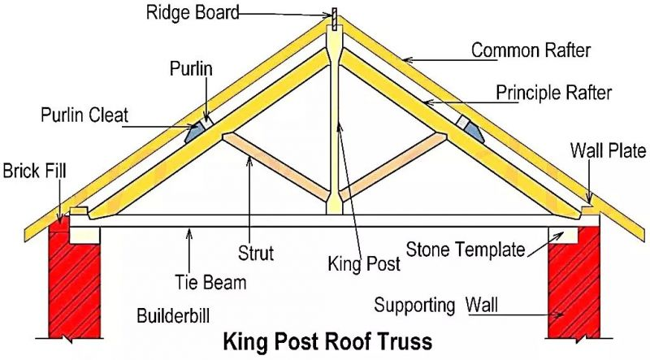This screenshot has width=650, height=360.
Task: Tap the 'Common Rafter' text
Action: [531, 50]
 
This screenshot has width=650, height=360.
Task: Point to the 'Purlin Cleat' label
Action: [84, 115]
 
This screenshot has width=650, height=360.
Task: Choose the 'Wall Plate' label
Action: [608, 150]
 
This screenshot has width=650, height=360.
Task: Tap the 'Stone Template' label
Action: [466, 249]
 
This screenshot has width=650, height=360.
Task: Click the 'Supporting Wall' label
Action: [437, 306]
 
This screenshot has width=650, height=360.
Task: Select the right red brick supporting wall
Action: [573, 284]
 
